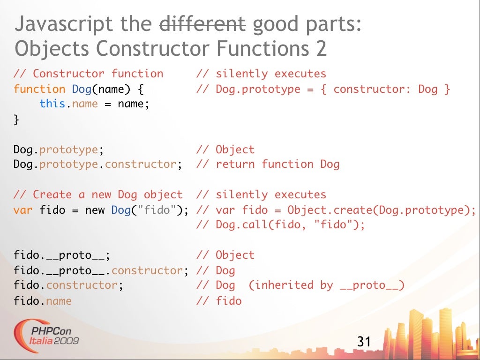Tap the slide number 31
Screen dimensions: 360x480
pos(364,341)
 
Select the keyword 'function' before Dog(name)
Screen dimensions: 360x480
pos(39,89)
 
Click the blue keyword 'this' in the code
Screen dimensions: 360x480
pos(52,104)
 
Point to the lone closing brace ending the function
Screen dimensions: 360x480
pos(16,119)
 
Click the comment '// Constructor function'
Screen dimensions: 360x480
pos(89,74)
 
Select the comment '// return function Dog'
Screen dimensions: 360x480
pos(268,164)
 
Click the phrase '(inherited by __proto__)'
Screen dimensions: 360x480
pos(326,285)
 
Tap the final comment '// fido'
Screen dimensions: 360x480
pos(219,300)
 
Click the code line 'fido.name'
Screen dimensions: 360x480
pos(43,300)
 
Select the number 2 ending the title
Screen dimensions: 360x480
pos(321,49)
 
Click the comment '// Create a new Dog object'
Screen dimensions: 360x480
pos(98,195)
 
